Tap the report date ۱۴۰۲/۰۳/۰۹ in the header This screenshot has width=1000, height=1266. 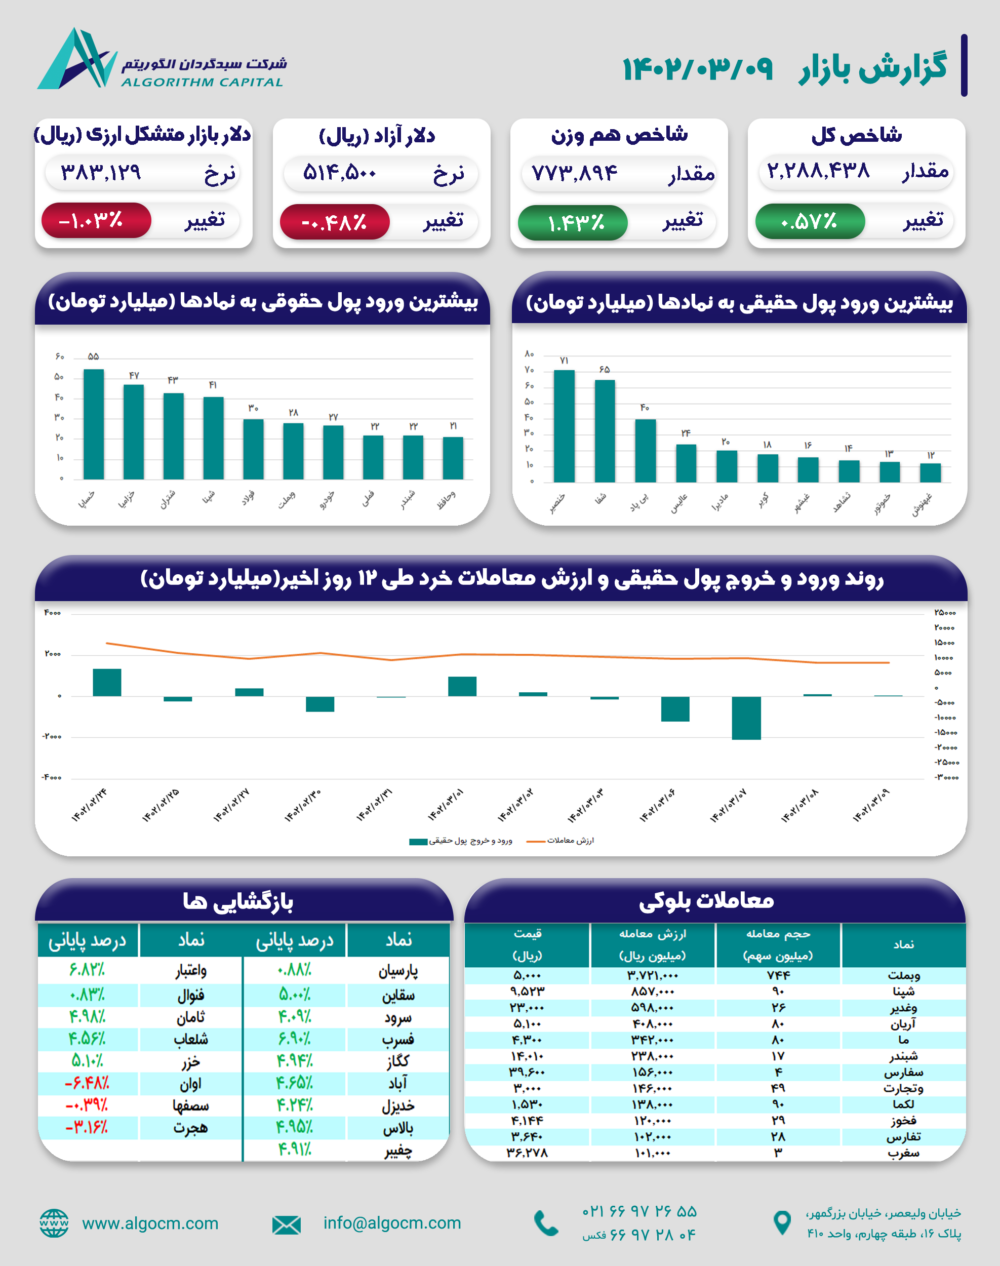(x=697, y=69)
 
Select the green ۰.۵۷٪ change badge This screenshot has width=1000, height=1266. (x=810, y=221)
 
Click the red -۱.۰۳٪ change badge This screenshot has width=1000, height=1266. (x=96, y=220)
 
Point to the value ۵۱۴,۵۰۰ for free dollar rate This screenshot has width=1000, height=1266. (x=340, y=173)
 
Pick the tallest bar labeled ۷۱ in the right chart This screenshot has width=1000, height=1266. (x=564, y=426)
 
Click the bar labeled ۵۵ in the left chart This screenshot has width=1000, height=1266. (x=94, y=424)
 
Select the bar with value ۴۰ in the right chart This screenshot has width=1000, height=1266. (x=645, y=450)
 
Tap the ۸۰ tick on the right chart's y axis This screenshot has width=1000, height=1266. (x=529, y=353)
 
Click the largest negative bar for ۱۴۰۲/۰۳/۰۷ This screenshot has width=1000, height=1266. (x=746, y=718)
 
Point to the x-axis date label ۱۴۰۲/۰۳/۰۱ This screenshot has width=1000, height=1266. (x=446, y=805)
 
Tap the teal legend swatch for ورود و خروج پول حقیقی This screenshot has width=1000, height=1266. (x=418, y=842)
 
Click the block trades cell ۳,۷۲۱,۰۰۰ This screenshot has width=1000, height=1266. (x=652, y=975)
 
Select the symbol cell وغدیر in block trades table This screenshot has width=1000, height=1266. (x=903, y=1008)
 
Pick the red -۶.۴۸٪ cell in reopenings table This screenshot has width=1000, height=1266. (x=87, y=1083)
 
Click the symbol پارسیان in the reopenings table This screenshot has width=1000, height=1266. (x=398, y=971)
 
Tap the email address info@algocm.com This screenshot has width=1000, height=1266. (x=392, y=1222)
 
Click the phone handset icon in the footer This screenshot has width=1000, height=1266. (x=546, y=1222)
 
